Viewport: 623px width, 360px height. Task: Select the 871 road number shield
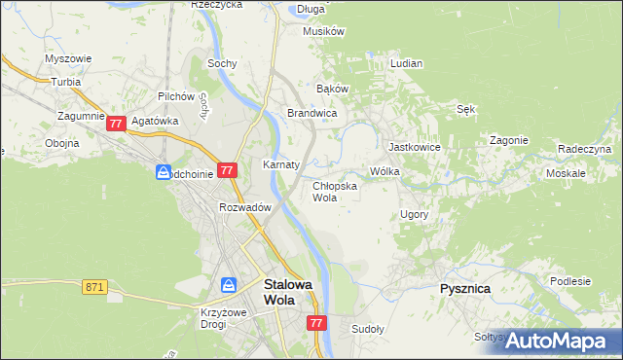click(94, 286)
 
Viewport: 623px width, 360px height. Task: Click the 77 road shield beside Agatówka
click(116, 124)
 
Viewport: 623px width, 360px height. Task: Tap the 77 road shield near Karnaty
click(227, 170)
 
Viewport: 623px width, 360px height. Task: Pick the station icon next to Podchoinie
click(163, 172)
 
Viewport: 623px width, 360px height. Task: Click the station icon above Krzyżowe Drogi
click(228, 284)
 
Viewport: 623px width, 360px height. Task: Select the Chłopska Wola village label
click(334, 191)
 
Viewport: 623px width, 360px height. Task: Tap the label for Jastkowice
click(415, 147)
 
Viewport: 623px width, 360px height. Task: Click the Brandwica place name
click(311, 114)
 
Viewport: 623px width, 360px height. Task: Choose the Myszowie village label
click(68, 58)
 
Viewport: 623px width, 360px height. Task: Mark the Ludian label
click(406, 63)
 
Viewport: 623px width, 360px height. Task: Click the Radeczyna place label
click(584, 149)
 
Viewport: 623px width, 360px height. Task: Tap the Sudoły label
click(368, 329)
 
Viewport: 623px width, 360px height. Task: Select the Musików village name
click(324, 31)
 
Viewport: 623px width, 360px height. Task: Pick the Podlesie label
click(569, 281)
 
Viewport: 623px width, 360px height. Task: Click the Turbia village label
click(66, 83)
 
